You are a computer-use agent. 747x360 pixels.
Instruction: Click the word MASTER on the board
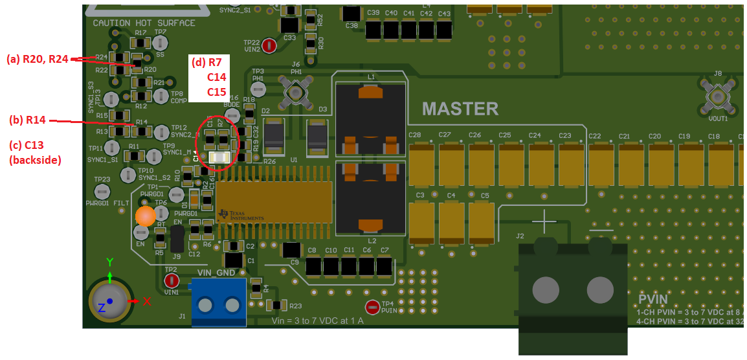click(460, 108)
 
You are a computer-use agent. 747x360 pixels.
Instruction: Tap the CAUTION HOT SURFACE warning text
click(144, 23)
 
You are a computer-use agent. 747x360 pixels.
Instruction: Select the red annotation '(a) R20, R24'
click(37, 59)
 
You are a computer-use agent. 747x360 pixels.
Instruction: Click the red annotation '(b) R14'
click(27, 120)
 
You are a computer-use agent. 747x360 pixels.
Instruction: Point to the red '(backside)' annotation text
click(35, 159)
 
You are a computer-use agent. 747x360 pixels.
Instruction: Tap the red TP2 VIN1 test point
click(172, 280)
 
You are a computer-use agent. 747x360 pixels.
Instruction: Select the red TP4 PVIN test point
click(373, 308)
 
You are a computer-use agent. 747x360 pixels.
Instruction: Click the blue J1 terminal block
click(219, 302)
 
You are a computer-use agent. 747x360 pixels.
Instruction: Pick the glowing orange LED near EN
click(146, 216)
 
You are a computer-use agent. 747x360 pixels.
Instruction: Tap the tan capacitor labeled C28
click(422, 164)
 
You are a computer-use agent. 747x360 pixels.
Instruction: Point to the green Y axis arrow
click(110, 276)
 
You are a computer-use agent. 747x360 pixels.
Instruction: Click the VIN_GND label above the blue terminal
click(216, 273)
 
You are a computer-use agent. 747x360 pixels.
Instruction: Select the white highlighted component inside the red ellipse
click(219, 157)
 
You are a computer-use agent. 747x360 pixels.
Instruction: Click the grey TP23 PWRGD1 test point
click(101, 191)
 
